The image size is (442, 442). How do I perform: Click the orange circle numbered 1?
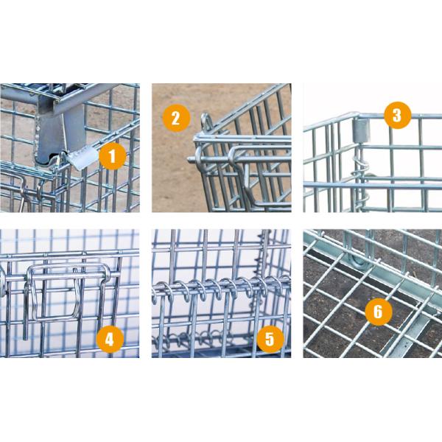pyautogui.click(x=113, y=156)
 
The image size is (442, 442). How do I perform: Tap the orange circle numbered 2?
pyautogui.click(x=176, y=118)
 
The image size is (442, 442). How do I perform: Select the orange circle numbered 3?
pyautogui.click(x=398, y=116)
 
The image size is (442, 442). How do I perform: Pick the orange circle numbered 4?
pyautogui.click(x=110, y=339)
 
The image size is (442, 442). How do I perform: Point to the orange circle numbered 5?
pyautogui.click(x=270, y=339)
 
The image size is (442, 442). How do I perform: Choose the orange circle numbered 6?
pyautogui.click(x=379, y=312)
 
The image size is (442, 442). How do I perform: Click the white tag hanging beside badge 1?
pyautogui.click(x=82, y=159)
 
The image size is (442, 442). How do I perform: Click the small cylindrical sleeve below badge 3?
pyautogui.click(x=362, y=130)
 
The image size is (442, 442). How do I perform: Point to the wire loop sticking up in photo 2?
pyautogui.click(x=206, y=122)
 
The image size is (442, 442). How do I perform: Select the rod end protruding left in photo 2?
pyautogui.click(x=192, y=159)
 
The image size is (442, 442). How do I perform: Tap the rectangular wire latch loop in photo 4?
pyautogui.click(x=69, y=293)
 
